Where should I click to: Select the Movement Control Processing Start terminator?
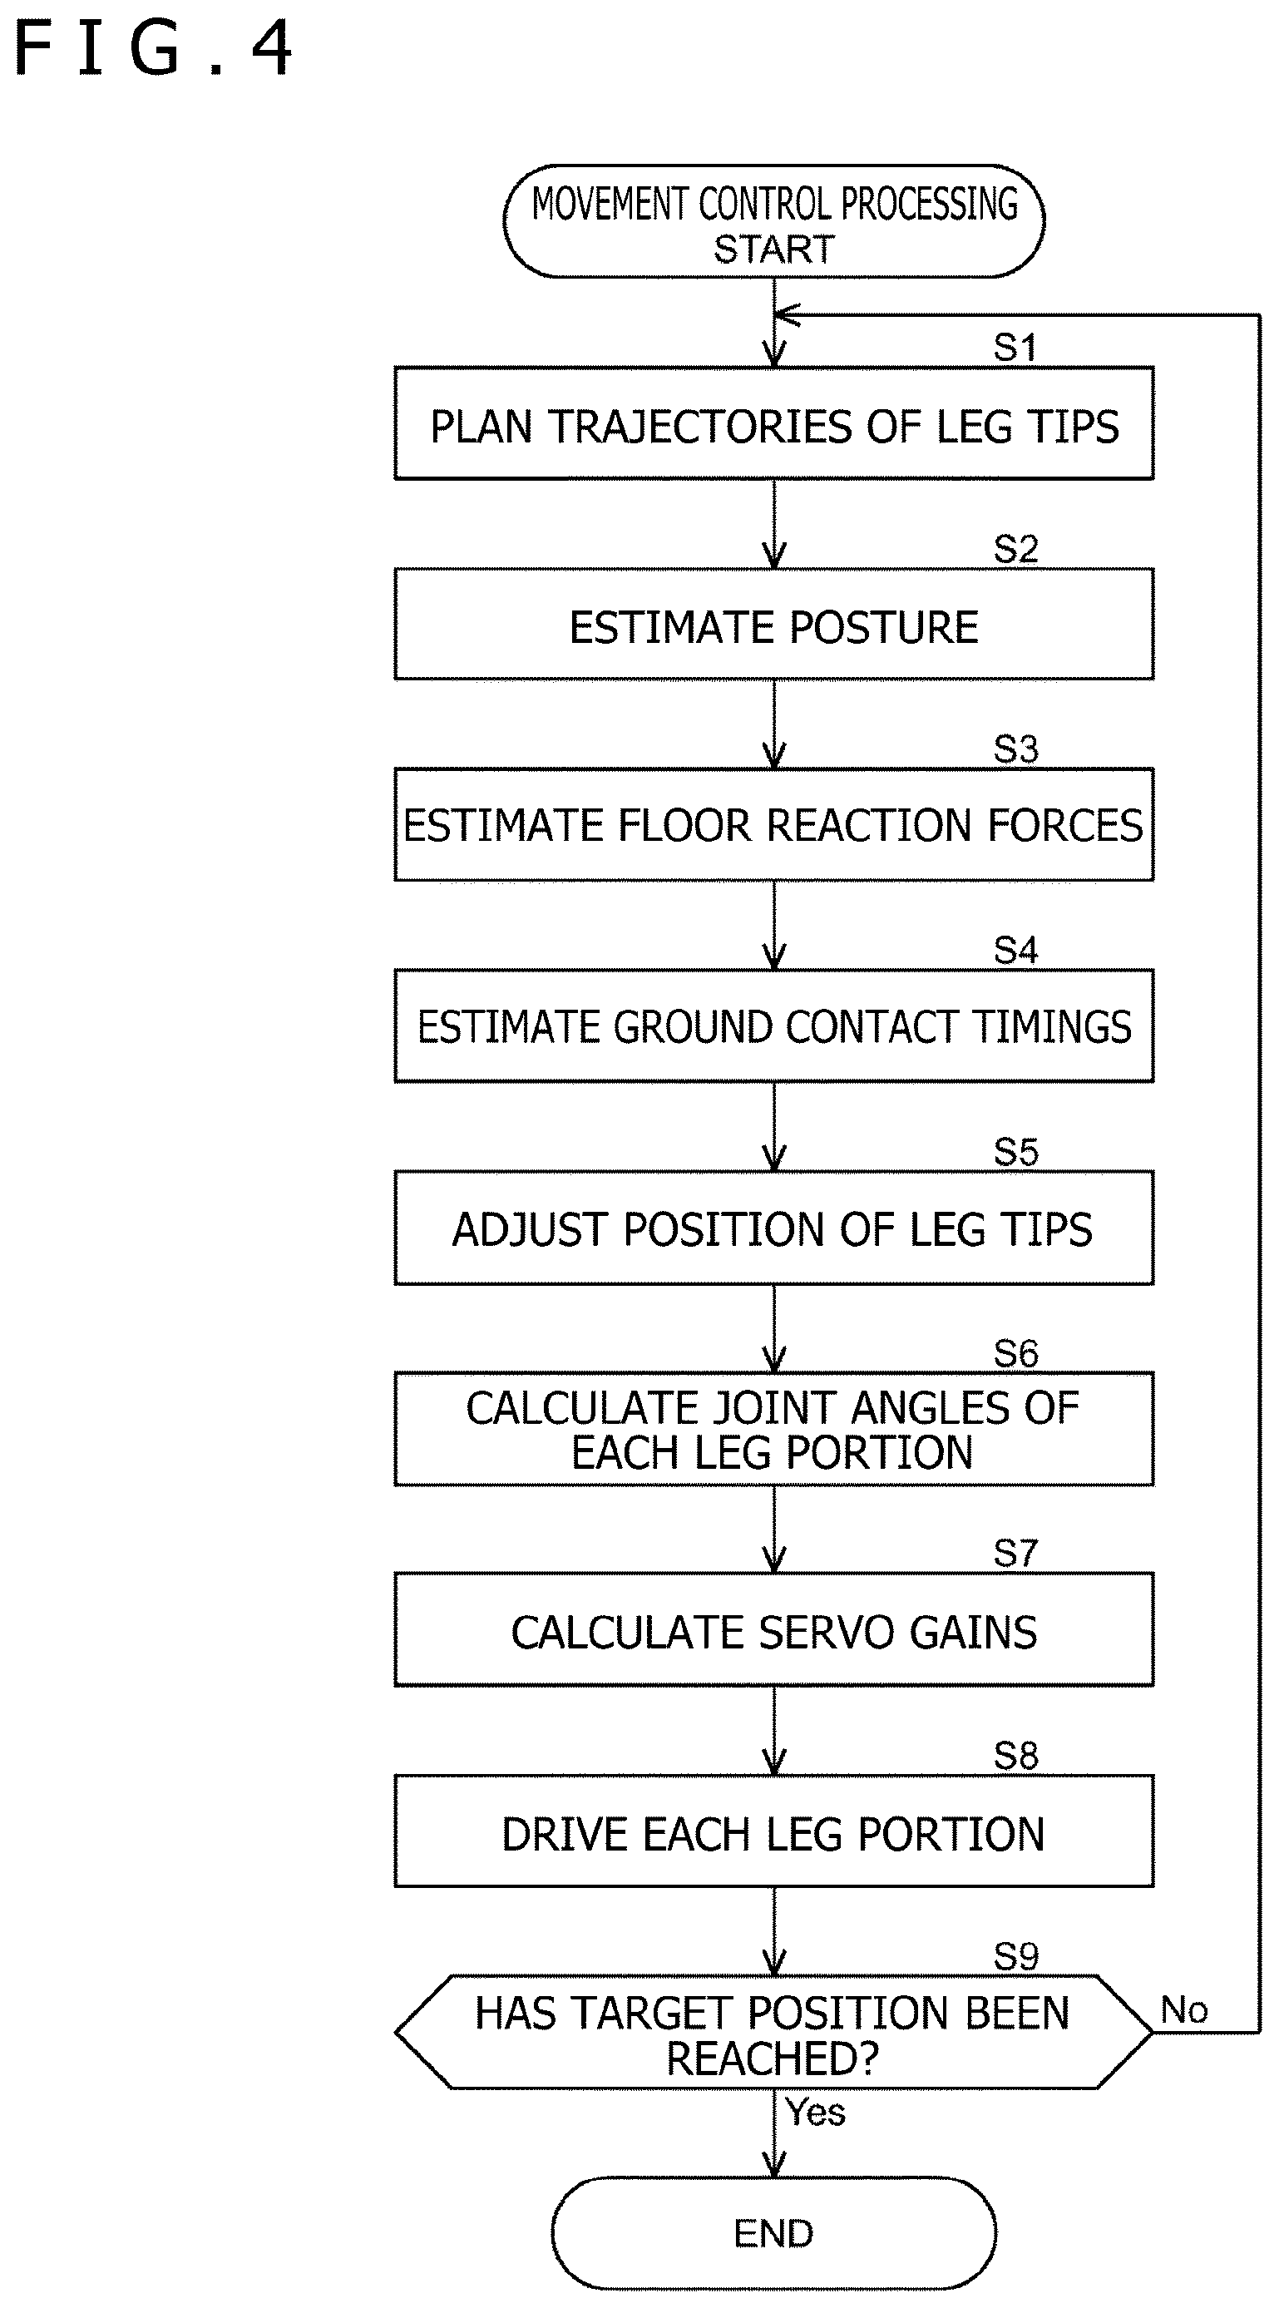pyautogui.click(x=774, y=221)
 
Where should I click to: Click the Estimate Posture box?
pyautogui.click(x=774, y=625)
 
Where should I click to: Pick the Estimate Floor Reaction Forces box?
pyautogui.click(x=774, y=825)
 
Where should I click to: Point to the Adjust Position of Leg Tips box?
pyautogui.click(x=774, y=1228)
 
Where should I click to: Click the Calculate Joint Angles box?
pyautogui.click(x=774, y=1430)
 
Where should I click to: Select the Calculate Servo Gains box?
pyautogui.click(x=774, y=1631)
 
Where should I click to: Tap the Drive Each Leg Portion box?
pyautogui.click(x=774, y=1832)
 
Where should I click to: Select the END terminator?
pyautogui.click(x=774, y=2234)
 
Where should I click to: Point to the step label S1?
pyautogui.click(x=1015, y=348)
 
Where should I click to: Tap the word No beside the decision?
pyautogui.click(x=1184, y=2010)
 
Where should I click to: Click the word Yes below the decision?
pyautogui.click(x=815, y=2113)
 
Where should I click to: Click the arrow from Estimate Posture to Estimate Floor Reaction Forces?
pyautogui.click(x=774, y=724)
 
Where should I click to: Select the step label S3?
pyautogui.click(x=1015, y=750)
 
